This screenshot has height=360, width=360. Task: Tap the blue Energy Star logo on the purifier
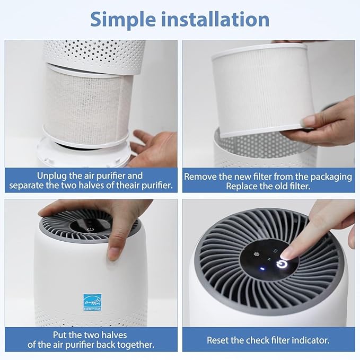pos(91,302)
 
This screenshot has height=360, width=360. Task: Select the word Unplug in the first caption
pos(52,175)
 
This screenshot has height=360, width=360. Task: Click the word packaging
pos(329,176)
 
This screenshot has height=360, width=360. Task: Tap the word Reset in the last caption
pos(218,340)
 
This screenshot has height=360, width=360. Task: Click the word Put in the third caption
pos(60,335)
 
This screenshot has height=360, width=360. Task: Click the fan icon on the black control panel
pos(257,253)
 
